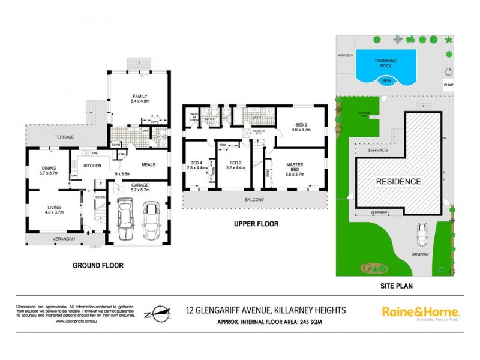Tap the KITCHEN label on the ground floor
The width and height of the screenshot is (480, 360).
(92, 166)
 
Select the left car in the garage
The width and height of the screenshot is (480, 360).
(126, 219)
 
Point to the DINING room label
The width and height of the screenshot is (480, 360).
(49, 169)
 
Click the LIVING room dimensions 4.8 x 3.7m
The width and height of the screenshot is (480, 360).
(55, 213)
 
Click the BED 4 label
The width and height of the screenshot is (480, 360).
(196, 163)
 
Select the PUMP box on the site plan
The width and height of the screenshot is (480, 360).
(448, 85)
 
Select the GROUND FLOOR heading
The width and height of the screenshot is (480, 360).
(98, 265)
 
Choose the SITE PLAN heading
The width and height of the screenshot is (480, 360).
(398, 286)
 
